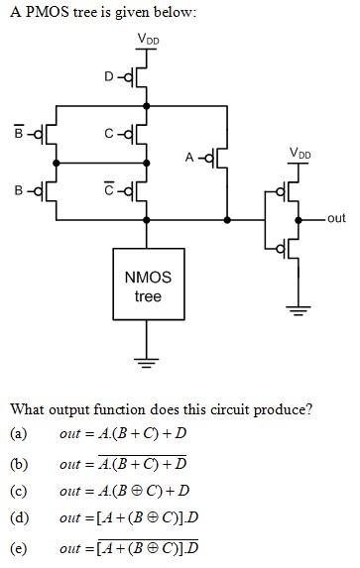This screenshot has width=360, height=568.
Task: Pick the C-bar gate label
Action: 109,189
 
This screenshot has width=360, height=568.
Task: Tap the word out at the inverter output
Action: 335,218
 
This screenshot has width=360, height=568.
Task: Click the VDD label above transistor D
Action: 148,39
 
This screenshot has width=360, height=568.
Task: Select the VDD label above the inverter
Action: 298,154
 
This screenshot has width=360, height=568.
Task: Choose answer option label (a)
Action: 18,433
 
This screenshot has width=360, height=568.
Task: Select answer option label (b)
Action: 18,463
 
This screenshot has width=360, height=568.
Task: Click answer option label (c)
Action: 18,491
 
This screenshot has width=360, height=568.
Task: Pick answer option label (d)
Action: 18,517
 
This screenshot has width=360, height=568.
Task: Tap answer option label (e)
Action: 18,547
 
